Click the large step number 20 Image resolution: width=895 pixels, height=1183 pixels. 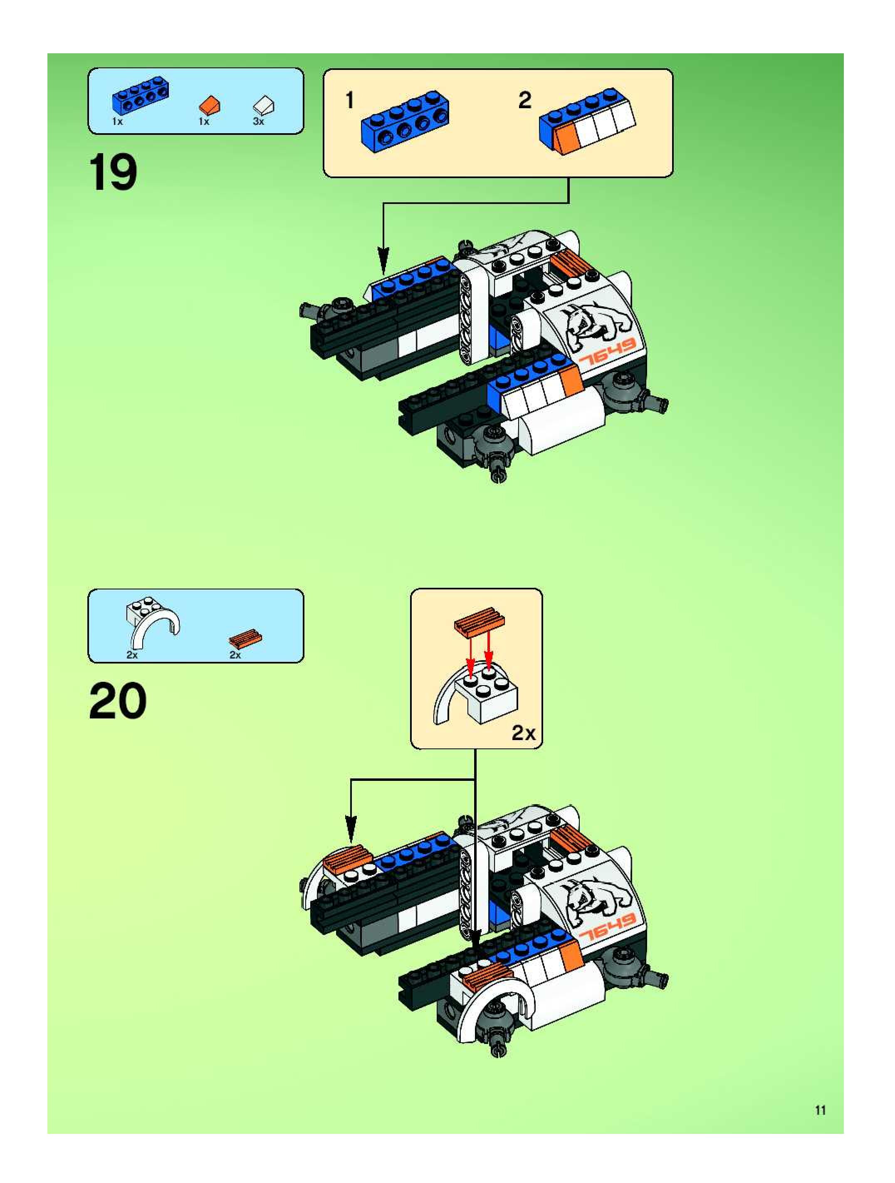coord(118,701)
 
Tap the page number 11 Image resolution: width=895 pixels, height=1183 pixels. coord(820,1110)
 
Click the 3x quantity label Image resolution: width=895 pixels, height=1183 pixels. coord(259,122)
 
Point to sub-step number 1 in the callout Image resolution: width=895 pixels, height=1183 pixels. coord(350,100)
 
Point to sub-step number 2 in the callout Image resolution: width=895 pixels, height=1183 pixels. coord(525,100)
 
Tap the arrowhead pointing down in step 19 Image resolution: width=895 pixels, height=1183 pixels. coord(383,261)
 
